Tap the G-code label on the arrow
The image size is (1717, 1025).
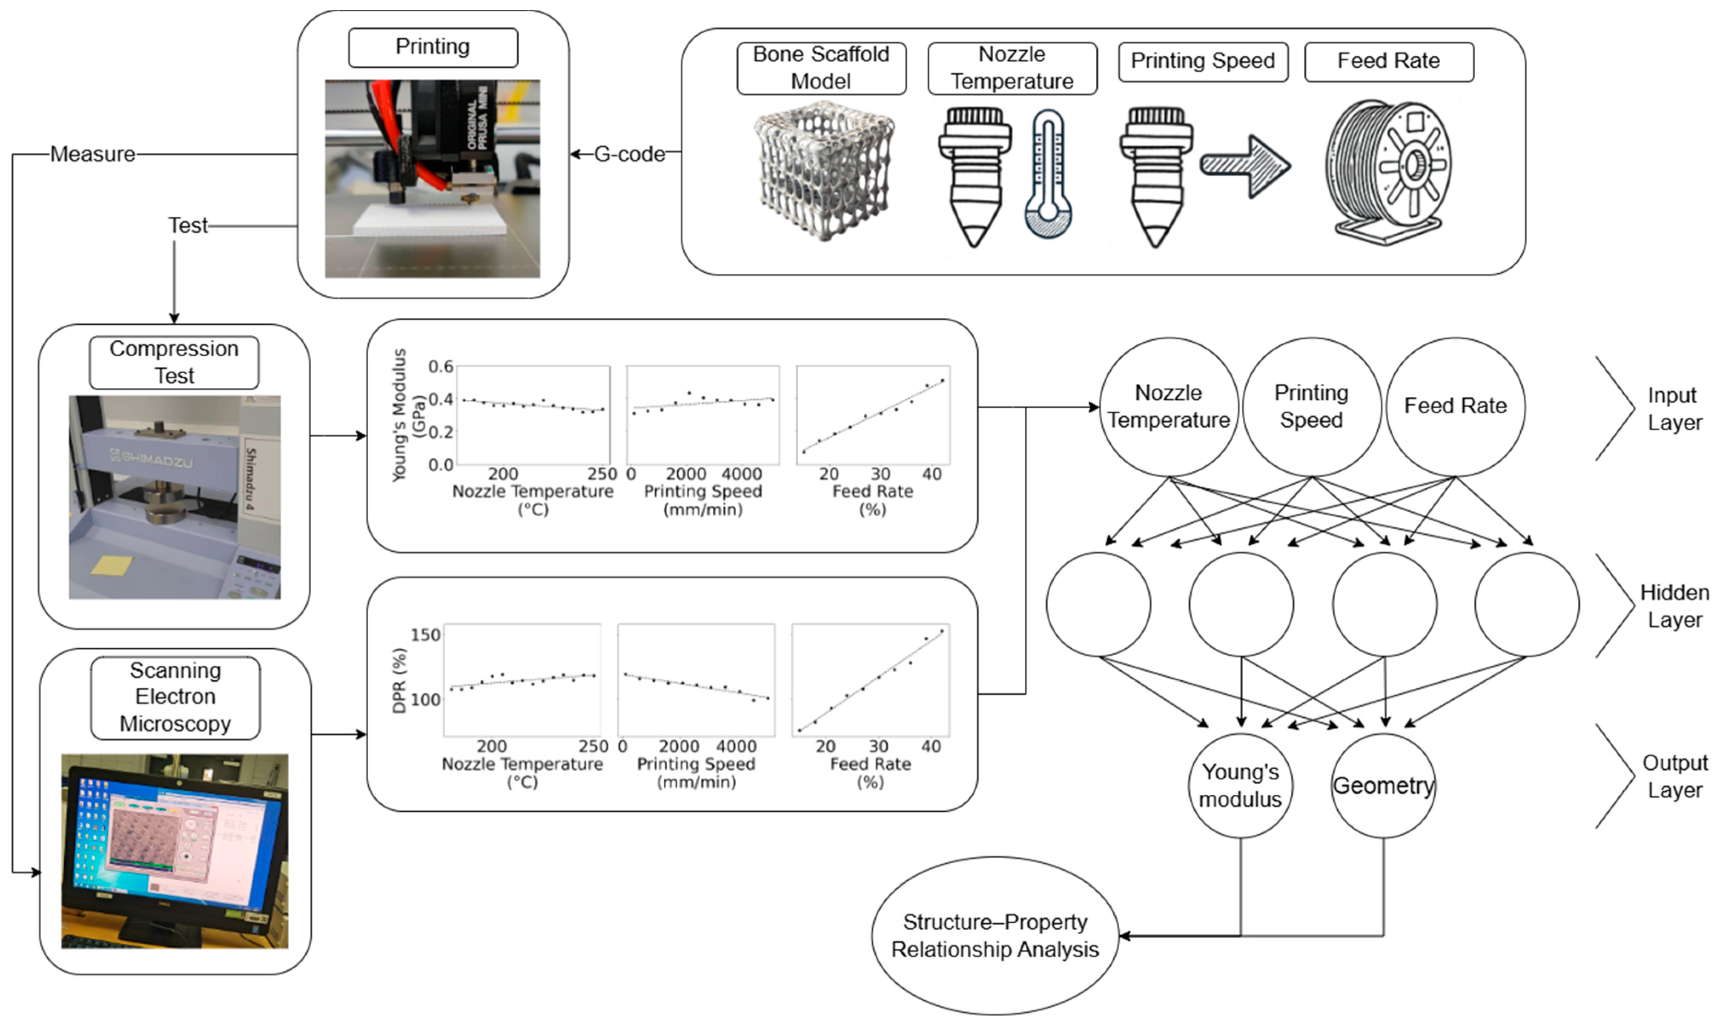coord(629,154)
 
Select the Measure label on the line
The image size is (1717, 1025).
coord(92,154)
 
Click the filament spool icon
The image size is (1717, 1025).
coord(1389,169)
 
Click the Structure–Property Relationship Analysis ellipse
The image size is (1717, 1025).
coord(995,936)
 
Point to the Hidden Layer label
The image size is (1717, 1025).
coord(1674,606)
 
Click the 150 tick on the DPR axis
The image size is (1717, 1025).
coord(425,635)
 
